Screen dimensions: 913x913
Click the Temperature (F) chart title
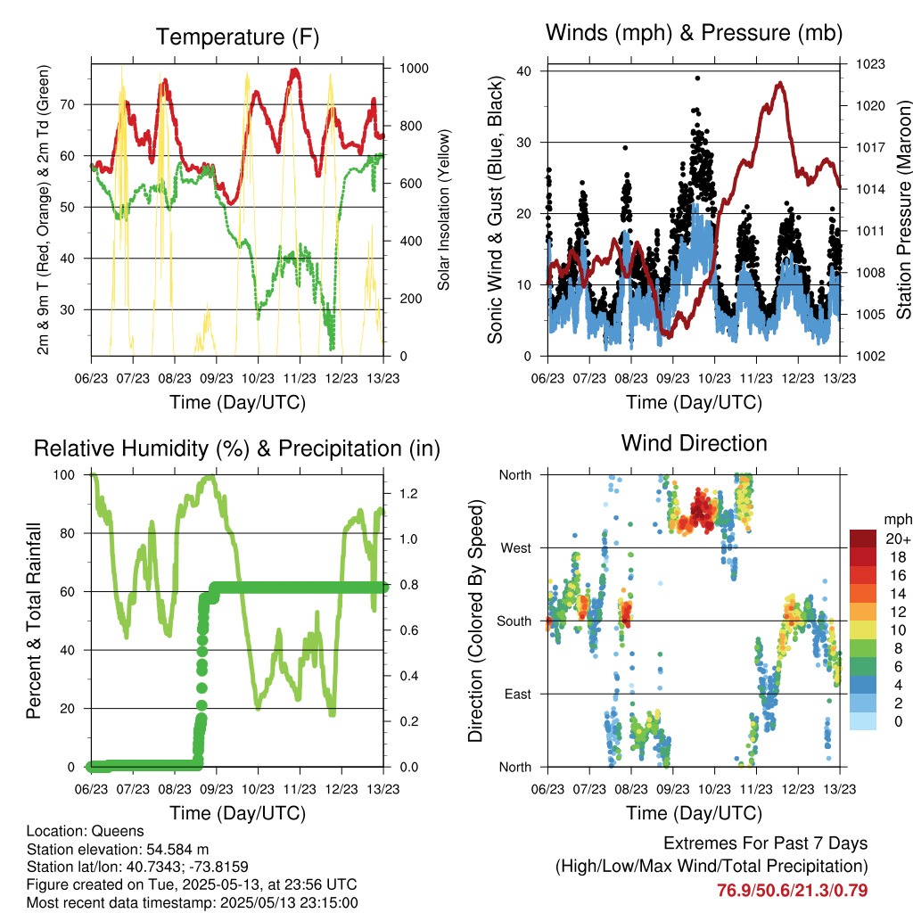pos(237,37)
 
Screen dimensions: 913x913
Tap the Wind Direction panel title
pos(694,443)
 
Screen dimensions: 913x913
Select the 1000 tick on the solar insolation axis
pos(414,68)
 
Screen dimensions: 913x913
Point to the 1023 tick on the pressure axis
pos(870,64)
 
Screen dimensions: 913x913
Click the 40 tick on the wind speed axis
pos(524,71)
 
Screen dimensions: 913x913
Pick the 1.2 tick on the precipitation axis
pos(408,494)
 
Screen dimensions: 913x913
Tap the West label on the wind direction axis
pos(516,548)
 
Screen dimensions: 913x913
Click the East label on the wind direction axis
pos(518,694)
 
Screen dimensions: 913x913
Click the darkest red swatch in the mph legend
pos(863,539)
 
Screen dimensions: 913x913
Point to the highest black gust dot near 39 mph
pos(697,78)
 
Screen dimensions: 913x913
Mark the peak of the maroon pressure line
pos(779,84)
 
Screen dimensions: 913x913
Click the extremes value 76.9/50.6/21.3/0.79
pos(792,891)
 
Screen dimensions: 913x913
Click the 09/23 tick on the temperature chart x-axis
pos(217,378)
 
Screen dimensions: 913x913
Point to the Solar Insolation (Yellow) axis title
pos(444,210)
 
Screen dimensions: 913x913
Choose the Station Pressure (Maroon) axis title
pos(904,210)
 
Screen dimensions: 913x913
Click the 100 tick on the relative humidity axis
pos(64,475)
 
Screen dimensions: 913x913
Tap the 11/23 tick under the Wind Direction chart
pos(756,789)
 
